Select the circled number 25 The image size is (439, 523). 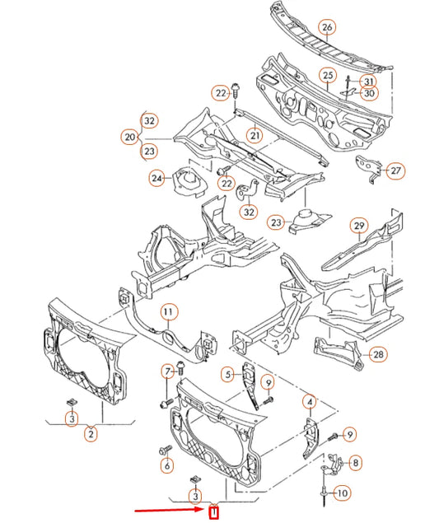tap(327, 75)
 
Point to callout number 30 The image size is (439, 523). tap(368, 94)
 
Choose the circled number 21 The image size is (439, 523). tap(255, 135)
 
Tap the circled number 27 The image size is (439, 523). tap(396, 170)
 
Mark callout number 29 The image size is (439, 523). tap(358, 226)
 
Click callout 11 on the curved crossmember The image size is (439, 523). tap(168, 311)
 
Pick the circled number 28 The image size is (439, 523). tap(377, 354)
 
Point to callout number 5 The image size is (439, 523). tap(228, 376)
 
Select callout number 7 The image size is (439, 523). tap(167, 370)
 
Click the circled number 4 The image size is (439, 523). tap(310, 402)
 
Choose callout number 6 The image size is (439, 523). tap(167, 465)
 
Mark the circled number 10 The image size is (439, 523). tap(343, 493)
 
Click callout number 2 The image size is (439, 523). tap(91, 433)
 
